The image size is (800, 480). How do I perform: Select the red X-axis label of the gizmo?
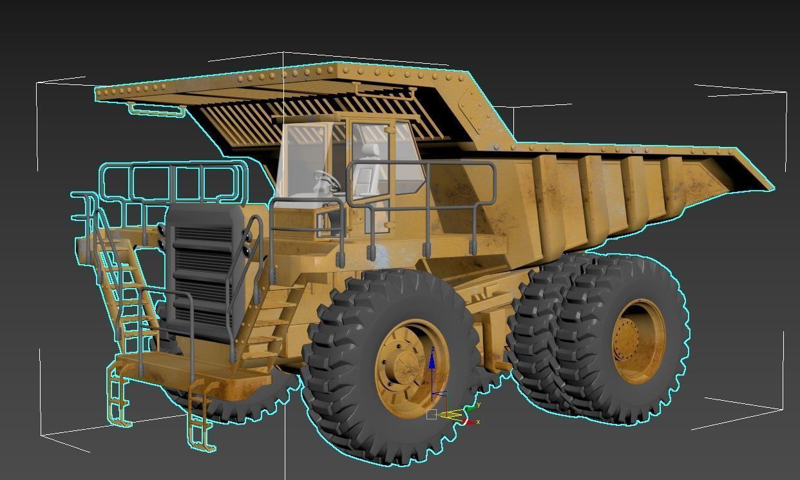478,422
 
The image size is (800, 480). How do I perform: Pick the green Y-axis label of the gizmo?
479,405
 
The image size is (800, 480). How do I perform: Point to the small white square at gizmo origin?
432,414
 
